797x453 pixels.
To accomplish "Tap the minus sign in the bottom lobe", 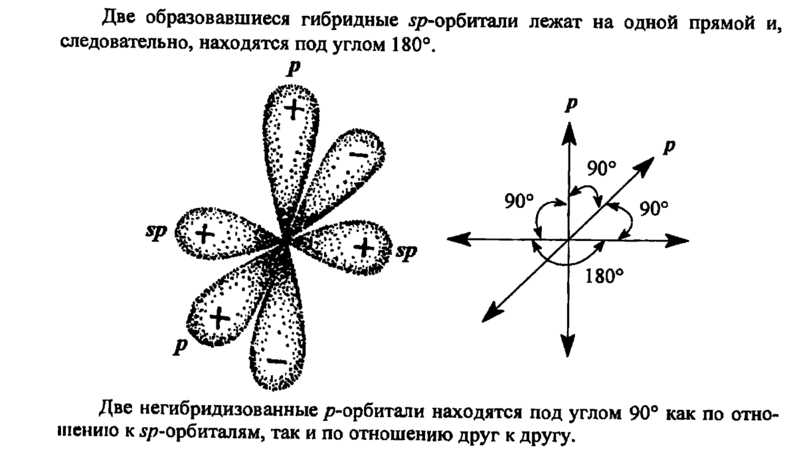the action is pos(277,362).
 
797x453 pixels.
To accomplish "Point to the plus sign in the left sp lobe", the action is pos(205,233).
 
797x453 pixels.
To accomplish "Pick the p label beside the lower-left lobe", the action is pos(178,346).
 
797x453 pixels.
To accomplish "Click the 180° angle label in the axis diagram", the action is pos(606,274).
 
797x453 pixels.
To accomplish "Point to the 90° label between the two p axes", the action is pos(601,169).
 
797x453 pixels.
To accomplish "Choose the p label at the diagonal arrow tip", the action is pos(670,147).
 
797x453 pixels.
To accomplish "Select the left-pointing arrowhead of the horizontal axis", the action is pos(455,240).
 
